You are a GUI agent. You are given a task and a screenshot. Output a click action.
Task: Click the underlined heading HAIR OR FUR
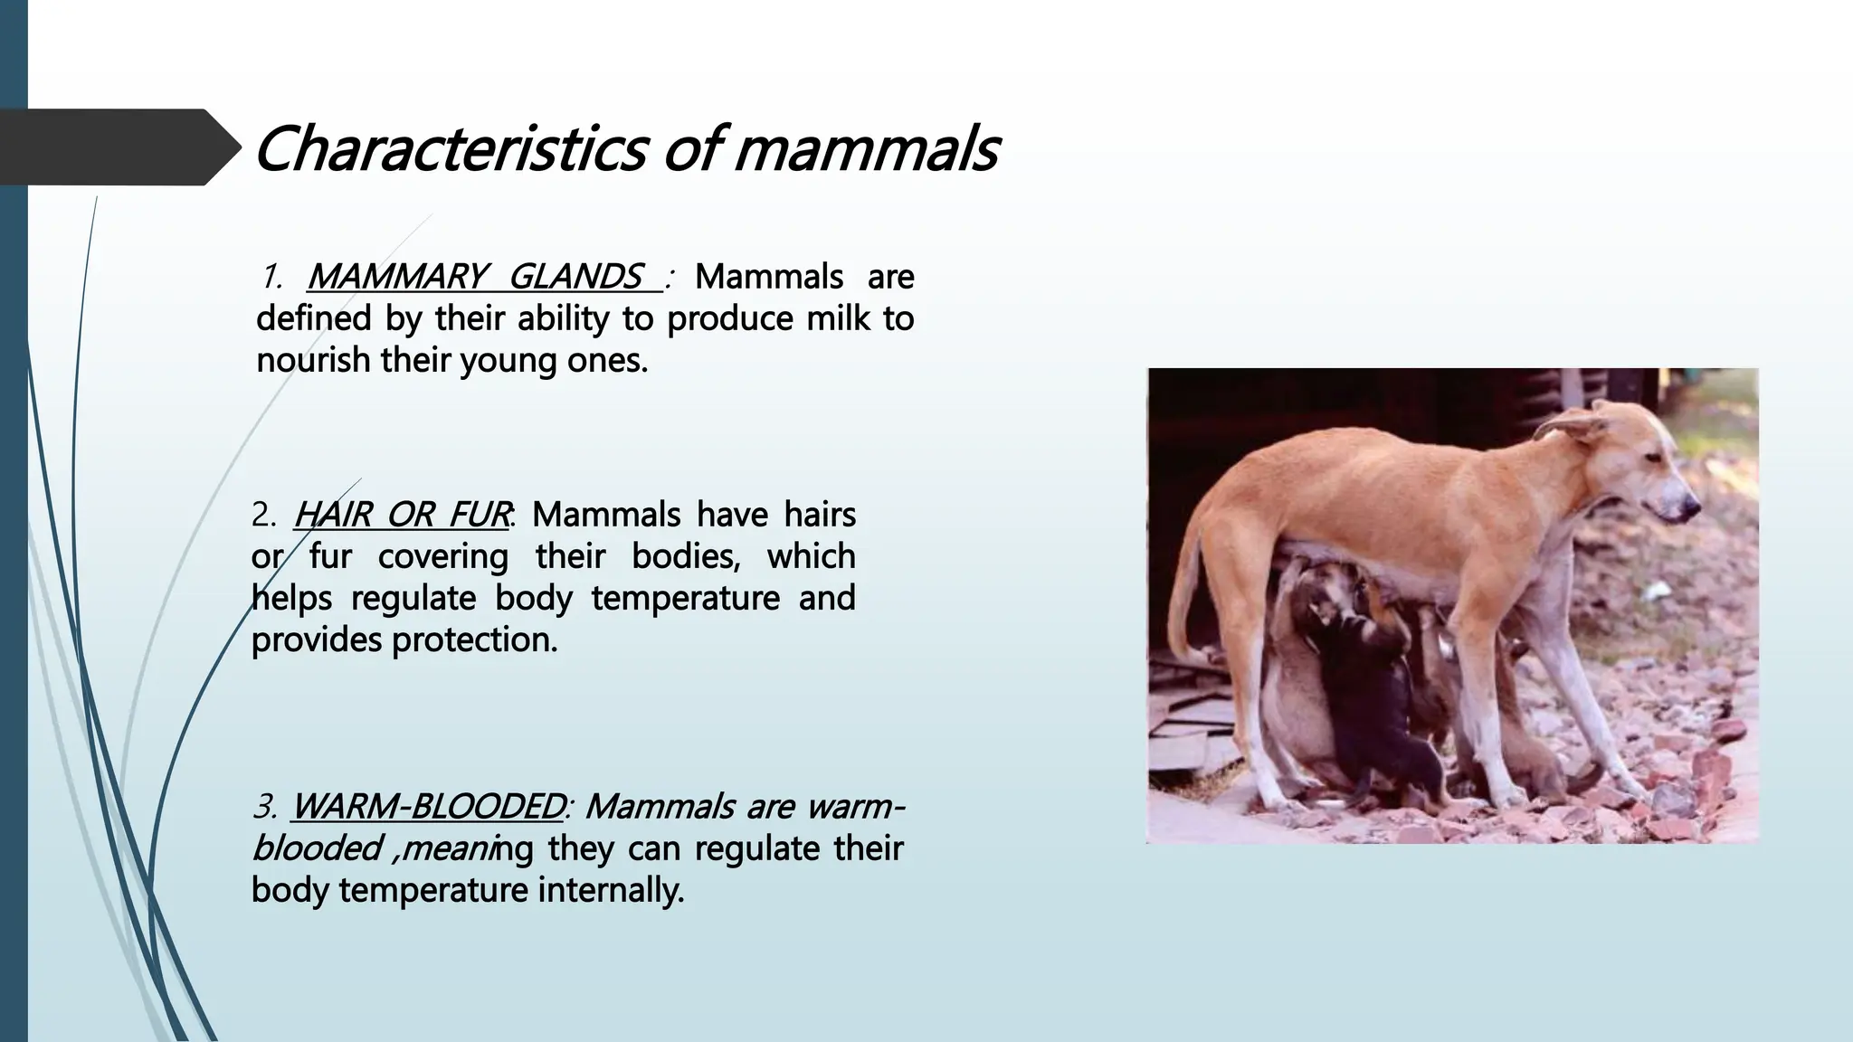402,515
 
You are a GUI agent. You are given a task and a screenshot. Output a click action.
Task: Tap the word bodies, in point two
686,556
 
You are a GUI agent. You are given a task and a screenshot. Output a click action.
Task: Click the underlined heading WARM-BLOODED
428,806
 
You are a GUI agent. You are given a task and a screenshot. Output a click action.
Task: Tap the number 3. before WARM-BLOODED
264,806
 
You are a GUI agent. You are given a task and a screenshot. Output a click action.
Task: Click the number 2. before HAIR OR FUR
264,515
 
